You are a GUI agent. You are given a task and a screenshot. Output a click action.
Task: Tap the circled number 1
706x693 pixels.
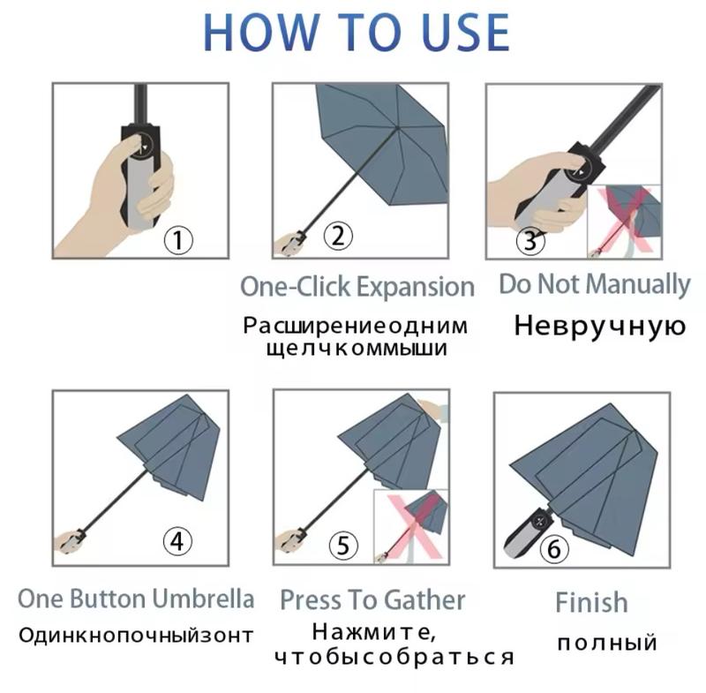click(178, 240)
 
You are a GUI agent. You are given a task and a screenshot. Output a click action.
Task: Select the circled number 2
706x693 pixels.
click(338, 236)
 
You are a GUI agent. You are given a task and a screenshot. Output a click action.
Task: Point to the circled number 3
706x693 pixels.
click(530, 240)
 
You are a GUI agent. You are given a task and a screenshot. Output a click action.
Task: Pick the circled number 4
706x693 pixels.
click(177, 541)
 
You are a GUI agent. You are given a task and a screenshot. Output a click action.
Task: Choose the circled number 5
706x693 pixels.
click(343, 546)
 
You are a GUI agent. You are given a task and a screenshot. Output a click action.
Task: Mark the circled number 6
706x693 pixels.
click(554, 548)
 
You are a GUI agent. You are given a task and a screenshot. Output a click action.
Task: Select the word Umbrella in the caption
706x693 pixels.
click(203, 599)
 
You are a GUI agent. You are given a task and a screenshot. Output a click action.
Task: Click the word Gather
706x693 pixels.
click(424, 600)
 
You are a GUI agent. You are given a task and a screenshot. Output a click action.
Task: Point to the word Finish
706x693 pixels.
click(591, 602)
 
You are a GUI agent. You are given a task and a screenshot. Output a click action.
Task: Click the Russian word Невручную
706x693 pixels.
click(600, 327)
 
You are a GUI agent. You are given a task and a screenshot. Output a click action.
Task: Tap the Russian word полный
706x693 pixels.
click(607, 643)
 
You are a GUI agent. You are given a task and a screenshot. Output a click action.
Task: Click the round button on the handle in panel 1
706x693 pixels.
click(142, 144)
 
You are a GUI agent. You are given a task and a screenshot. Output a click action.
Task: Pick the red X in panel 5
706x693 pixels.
click(414, 526)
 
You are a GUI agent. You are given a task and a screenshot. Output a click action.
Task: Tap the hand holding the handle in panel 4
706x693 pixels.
click(70, 542)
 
